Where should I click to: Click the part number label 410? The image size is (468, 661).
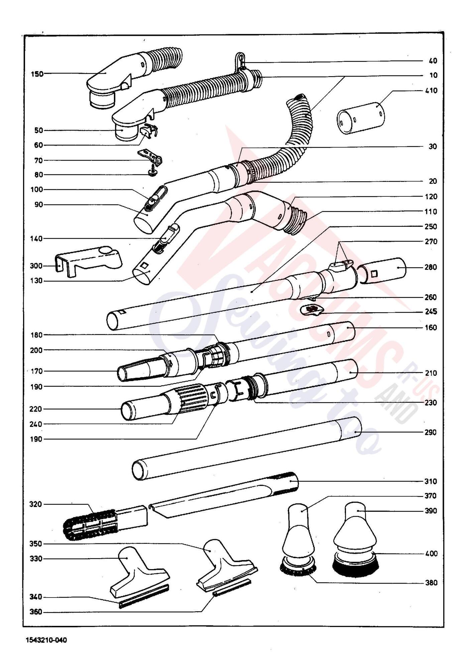click(431, 91)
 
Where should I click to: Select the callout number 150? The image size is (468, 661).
click(37, 74)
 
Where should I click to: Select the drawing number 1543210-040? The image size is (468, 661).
click(46, 640)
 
